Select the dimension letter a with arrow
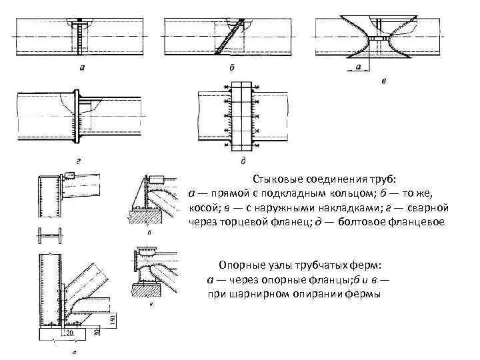[x=359, y=67]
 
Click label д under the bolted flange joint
[x=241, y=161]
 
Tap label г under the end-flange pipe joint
[x=80, y=161]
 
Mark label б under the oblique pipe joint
[x=231, y=68]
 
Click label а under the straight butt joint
[x=81, y=68]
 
